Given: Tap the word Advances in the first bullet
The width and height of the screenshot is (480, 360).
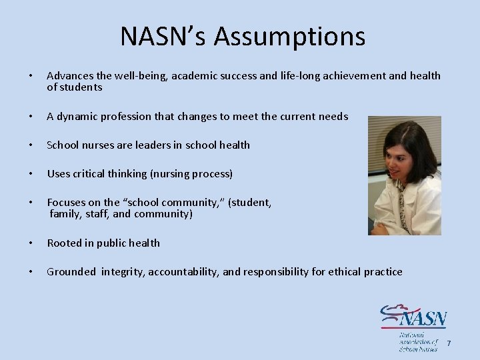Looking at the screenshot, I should (x=70, y=76).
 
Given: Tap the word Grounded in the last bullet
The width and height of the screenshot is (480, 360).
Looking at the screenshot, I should (x=71, y=272).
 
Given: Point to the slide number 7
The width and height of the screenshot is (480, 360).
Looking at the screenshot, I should (x=449, y=343).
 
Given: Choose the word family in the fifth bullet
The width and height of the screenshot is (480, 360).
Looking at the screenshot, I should (x=65, y=214).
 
